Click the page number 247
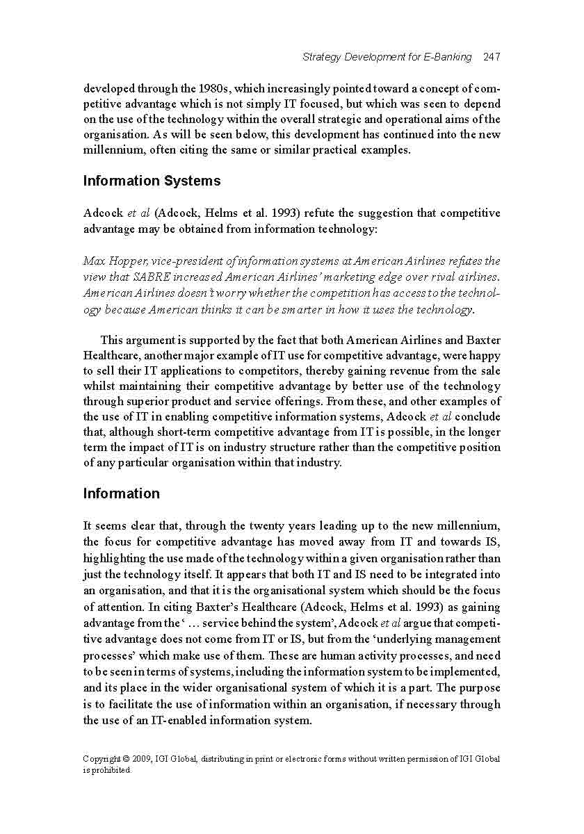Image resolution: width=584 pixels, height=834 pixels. click(x=492, y=57)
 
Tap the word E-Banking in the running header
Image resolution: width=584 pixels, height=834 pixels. click(x=447, y=57)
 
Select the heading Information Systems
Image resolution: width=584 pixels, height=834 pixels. click(x=152, y=181)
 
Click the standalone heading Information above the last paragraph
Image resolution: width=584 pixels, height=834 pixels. click(x=122, y=494)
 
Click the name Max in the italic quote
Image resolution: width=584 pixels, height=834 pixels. click(x=94, y=261)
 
